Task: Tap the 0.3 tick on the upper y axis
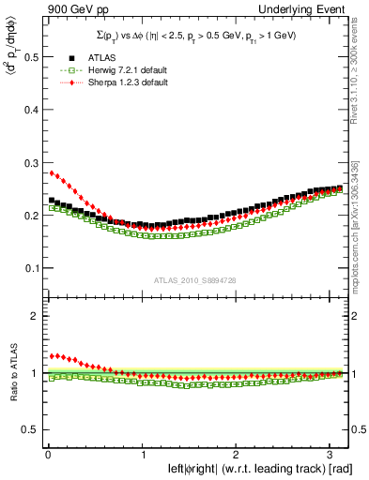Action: [29, 162]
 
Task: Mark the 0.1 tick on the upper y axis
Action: [29, 268]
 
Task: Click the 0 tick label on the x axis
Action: [47, 456]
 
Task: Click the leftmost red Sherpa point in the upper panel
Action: [52, 172]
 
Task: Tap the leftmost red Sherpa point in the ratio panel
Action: [52, 356]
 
